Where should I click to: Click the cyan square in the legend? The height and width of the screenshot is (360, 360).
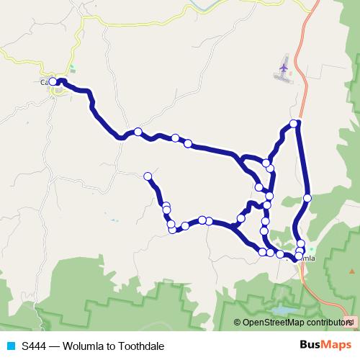tap(10, 346)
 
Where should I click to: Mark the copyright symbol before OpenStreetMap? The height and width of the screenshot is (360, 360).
tap(238, 323)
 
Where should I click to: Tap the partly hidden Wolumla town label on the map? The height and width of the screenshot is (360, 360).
tap(307, 258)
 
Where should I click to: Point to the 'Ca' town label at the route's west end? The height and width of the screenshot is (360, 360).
tap(45, 82)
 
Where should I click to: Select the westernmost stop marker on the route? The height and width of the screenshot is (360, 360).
tap(53, 82)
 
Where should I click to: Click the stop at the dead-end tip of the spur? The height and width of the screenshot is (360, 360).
tap(148, 176)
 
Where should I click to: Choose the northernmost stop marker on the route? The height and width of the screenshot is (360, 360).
tap(294, 124)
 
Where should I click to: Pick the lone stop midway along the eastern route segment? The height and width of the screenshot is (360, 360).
tap(307, 197)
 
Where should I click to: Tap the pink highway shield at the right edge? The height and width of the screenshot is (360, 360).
tap(350, 323)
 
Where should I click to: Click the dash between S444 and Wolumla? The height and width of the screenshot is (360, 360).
tap(54, 346)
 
